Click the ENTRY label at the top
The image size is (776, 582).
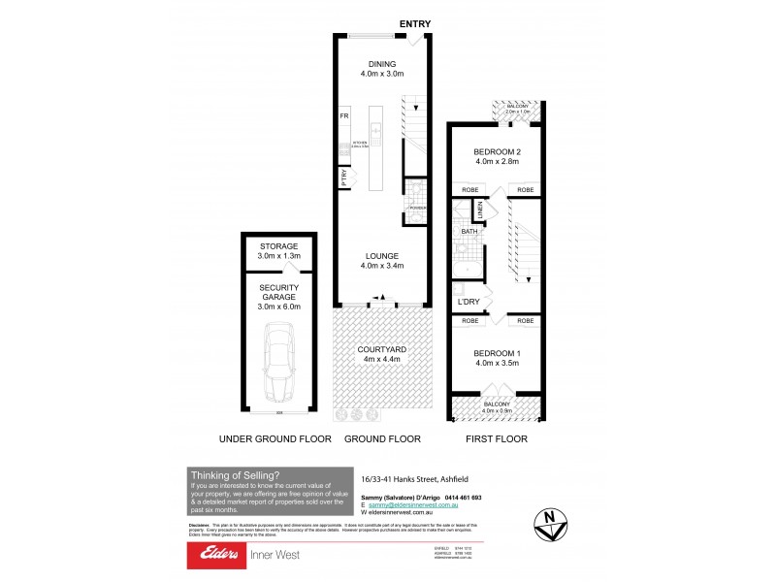point(414,24)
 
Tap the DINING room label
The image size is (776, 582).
point(382,66)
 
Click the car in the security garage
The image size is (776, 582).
point(277,364)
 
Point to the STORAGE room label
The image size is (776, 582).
point(277,246)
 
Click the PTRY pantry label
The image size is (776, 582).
point(343,178)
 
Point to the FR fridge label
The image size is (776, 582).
point(343,116)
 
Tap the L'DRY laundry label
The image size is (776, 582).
point(469,303)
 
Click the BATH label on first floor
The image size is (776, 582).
point(469,232)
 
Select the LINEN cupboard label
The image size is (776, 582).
point(479,209)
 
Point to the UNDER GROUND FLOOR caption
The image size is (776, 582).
point(275,439)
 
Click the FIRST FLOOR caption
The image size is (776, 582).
point(498,439)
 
